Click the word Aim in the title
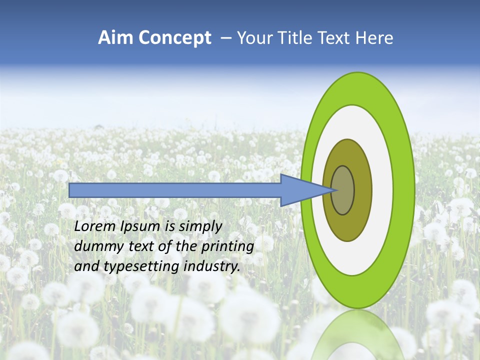pos(115,38)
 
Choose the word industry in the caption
pos(212,266)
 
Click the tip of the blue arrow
pos(334,190)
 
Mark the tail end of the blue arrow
pos(70,190)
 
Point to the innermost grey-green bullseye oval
pos(343,190)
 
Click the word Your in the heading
pos(253,38)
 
